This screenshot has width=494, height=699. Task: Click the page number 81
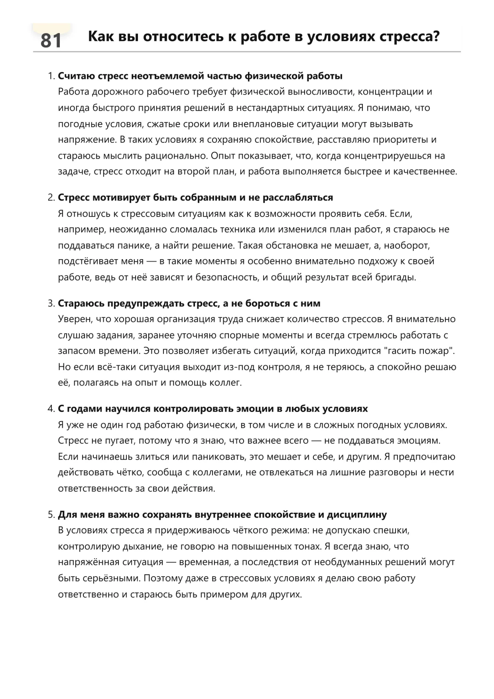pos(51,41)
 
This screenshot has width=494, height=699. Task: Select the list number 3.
pos(51,303)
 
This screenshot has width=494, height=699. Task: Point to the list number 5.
pos(51,515)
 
